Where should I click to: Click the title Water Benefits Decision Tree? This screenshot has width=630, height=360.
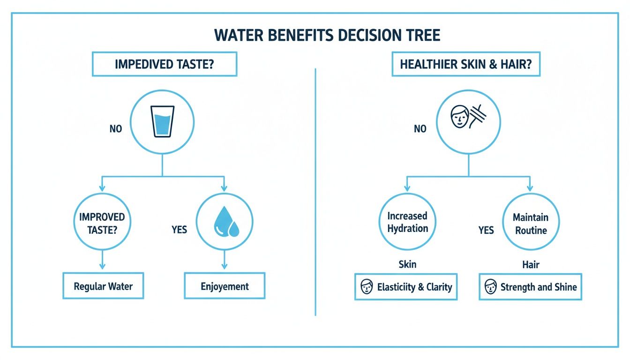[x=327, y=36]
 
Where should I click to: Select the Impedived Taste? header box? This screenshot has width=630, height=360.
[x=164, y=64]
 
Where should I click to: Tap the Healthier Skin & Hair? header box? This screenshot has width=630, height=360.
[x=465, y=64]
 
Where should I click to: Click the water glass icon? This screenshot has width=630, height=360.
[x=162, y=121]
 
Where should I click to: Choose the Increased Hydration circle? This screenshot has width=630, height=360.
[x=407, y=222]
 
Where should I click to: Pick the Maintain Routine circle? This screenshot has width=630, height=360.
[x=530, y=223]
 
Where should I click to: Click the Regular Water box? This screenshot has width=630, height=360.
[x=103, y=286]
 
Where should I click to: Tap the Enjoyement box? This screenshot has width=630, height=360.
[x=225, y=286]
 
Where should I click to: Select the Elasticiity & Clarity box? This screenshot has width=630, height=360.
[x=406, y=287]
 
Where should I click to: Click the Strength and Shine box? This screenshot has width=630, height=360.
[x=530, y=287]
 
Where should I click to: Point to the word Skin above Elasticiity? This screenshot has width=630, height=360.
[x=407, y=264]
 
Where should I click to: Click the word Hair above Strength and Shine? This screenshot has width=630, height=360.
[x=531, y=264]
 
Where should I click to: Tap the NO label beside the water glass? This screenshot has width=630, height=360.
[x=116, y=128]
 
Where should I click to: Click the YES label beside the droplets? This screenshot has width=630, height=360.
[x=179, y=229]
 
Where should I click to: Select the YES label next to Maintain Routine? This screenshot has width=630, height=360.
[x=486, y=230]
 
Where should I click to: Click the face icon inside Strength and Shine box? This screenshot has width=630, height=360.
[x=490, y=287]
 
